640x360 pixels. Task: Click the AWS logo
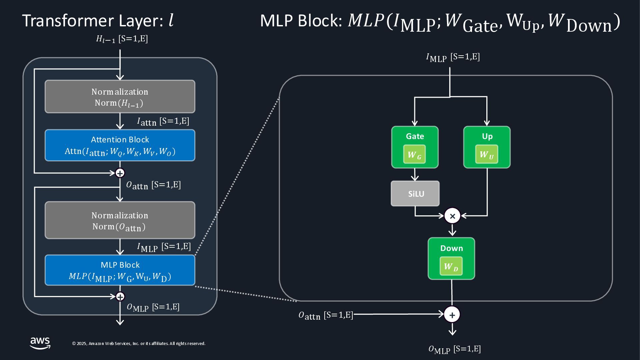pyautogui.click(x=40, y=343)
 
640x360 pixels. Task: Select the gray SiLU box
pyautogui.click(x=415, y=194)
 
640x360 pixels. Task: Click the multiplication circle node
pyautogui.click(x=452, y=216)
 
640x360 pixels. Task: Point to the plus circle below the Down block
pyautogui.click(x=452, y=315)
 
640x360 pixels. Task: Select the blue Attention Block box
pyautogui.click(x=120, y=145)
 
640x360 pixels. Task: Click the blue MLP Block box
pyautogui.click(x=120, y=270)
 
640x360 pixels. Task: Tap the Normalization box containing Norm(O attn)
pyautogui.click(x=120, y=220)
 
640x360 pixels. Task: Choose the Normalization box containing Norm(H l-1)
pyautogui.click(x=120, y=97)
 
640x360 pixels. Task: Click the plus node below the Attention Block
pyautogui.click(x=120, y=173)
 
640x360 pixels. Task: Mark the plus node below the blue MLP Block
pyautogui.click(x=120, y=296)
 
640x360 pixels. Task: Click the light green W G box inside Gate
pyautogui.click(x=414, y=155)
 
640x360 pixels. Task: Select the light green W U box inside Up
pyautogui.click(x=487, y=154)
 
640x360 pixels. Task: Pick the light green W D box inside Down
pyautogui.click(x=451, y=266)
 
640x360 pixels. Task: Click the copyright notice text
pyautogui.click(x=139, y=344)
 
